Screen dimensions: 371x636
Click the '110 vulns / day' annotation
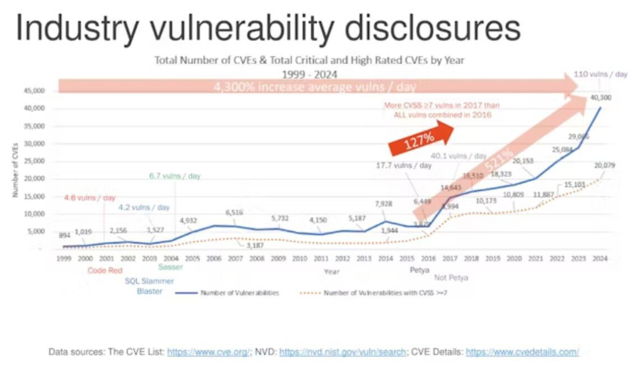600,74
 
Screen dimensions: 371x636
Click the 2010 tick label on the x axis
300,259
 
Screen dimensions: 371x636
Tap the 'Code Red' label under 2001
104,271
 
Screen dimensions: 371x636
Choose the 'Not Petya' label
451,277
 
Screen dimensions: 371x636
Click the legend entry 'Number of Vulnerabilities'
239,292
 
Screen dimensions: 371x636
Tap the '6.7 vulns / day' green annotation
175,176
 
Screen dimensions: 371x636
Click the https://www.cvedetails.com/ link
522,352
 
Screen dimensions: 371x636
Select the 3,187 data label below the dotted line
257,245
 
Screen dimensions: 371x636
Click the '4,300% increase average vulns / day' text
315,87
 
